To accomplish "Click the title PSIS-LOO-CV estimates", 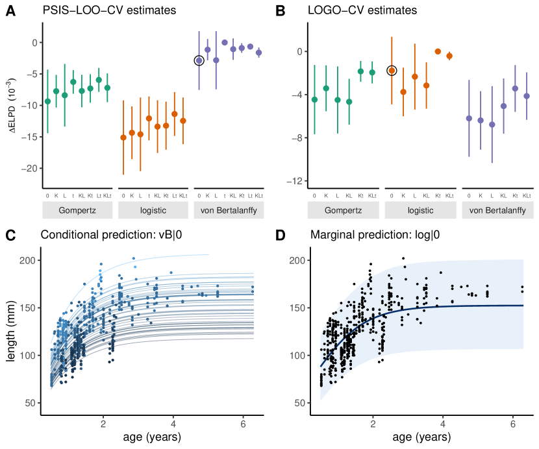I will pos(111,11).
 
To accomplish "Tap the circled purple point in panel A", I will pos(199,60).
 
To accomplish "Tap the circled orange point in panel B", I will pos(392,70).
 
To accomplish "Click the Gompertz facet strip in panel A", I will pos(79,211).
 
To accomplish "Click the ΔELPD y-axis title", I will pos(14,106).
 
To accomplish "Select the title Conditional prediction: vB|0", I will pos(111,234).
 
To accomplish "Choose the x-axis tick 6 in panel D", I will pos(513,424).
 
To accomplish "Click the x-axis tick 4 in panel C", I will pos(173,424).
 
